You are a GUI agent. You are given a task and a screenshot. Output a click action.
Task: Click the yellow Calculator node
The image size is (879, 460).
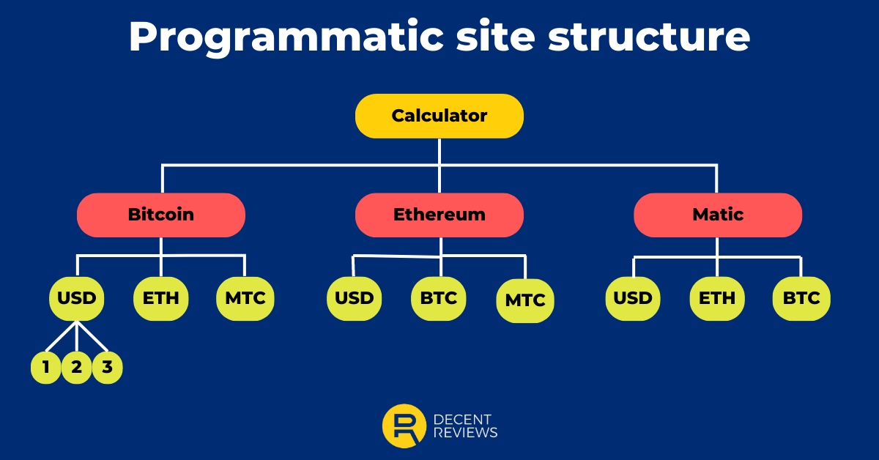click(439, 116)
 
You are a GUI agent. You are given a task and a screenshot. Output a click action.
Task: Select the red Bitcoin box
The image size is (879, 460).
click(161, 215)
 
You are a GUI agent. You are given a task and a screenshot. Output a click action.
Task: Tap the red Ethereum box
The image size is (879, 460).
click(439, 215)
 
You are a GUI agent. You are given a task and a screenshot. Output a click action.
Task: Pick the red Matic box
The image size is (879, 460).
click(717, 215)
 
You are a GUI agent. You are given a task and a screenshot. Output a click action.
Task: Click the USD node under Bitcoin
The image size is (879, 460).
click(77, 298)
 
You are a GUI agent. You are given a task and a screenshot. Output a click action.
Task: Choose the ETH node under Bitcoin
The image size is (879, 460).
click(161, 298)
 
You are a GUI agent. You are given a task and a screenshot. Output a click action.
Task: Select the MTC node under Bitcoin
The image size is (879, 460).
click(245, 298)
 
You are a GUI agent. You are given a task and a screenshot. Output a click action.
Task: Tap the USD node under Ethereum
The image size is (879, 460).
click(354, 298)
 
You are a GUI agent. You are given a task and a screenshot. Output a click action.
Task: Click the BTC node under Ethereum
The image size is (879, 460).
click(439, 298)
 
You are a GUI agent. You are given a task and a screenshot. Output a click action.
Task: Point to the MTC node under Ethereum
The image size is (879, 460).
click(525, 300)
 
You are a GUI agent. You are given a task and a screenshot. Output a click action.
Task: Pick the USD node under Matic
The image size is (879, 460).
click(633, 298)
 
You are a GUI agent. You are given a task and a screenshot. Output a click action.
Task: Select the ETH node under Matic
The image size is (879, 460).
click(717, 298)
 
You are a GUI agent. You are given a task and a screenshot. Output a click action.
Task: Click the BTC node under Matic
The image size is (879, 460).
click(801, 298)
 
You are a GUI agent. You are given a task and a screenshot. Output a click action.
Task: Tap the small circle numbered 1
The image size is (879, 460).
click(46, 368)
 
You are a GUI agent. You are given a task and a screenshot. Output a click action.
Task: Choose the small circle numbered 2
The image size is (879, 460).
click(77, 368)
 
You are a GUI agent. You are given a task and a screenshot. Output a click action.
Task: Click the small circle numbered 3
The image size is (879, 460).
click(108, 368)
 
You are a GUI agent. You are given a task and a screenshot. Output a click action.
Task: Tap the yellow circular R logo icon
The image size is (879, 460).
click(404, 426)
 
